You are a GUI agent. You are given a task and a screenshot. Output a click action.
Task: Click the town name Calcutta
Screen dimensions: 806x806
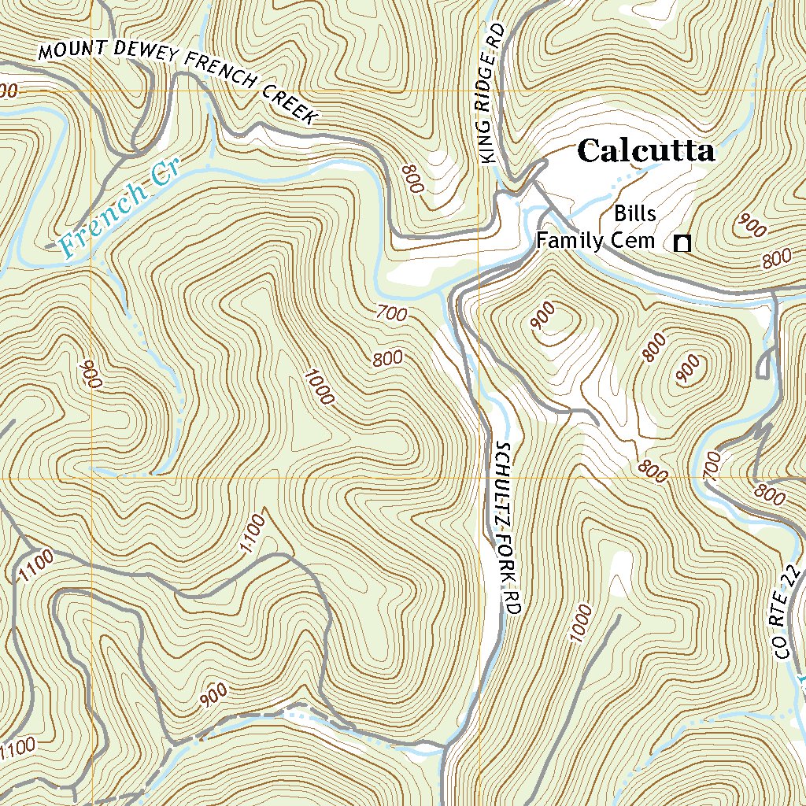coord(645,150)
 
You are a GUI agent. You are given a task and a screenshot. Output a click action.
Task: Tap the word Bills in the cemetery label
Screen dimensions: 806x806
coord(634,214)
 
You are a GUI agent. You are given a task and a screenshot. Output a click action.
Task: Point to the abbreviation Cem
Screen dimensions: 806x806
coord(634,240)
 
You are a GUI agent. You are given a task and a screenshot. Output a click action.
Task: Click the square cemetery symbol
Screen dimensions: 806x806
coord(682,244)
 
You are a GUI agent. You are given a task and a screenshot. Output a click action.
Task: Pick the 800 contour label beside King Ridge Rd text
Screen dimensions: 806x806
coord(412,179)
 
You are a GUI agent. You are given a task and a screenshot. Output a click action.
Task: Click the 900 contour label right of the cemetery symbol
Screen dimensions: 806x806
coord(752,226)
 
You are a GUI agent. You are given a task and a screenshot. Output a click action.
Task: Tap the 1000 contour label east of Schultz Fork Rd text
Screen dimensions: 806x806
coord(579,623)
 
